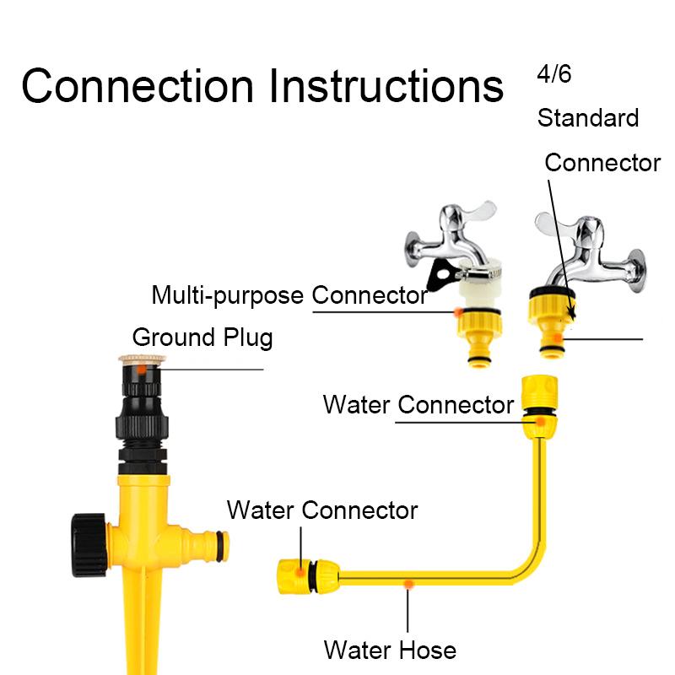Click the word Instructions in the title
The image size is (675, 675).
pos(386,86)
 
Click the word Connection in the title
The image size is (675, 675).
pos(138,86)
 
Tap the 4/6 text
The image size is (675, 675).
pos(554,73)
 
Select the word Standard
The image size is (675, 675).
pos(588,117)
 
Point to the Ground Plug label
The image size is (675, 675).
pos(202,337)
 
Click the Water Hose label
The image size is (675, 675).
pos(390,650)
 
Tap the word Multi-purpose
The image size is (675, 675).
pos(227,296)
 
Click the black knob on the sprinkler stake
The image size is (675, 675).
pos(89,544)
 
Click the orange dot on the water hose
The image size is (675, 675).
pos(408,584)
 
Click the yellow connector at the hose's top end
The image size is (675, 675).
pos(539,407)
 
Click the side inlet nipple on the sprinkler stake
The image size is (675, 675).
pos(206,545)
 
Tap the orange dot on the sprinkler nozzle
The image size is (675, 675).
pos(141,370)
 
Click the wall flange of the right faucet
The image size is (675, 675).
pos(636,270)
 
